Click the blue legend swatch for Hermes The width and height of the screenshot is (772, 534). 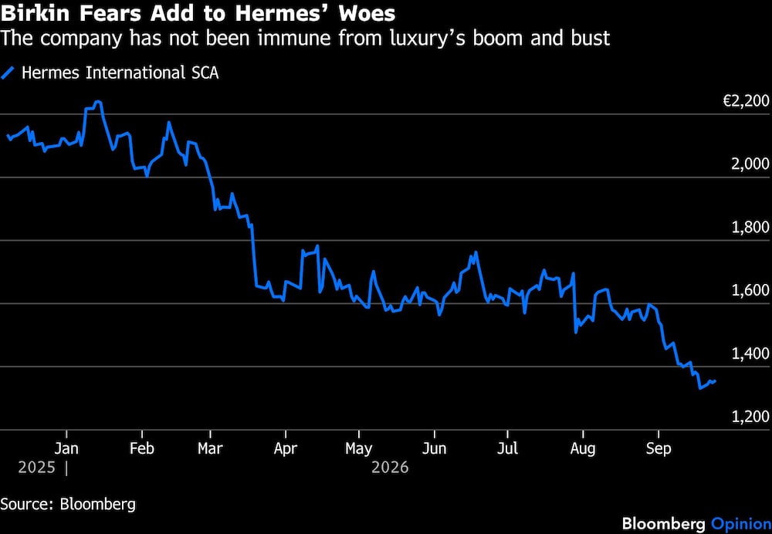coord(8,73)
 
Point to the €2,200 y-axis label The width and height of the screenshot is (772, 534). coord(746,101)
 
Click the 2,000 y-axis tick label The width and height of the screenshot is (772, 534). coord(750,164)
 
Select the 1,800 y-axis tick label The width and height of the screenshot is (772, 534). coord(750,228)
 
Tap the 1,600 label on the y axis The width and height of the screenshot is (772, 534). coord(750,290)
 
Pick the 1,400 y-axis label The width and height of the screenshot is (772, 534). coord(750,353)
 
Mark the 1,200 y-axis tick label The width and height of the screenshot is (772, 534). coord(750,417)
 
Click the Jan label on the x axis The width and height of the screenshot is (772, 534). coord(66,448)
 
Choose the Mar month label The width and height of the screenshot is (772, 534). coord(210,448)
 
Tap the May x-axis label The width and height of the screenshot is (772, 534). coord(359,449)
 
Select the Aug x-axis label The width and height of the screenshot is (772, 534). coord(583,449)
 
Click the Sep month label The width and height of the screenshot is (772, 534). coord(659,449)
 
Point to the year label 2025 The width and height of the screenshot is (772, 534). coord(36,467)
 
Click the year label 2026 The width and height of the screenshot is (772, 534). coord(390,467)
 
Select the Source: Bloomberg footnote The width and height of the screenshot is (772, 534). coord(68,505)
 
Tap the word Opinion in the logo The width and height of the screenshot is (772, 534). coord(740,524)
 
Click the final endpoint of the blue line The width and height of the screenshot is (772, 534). coord(715,381)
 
